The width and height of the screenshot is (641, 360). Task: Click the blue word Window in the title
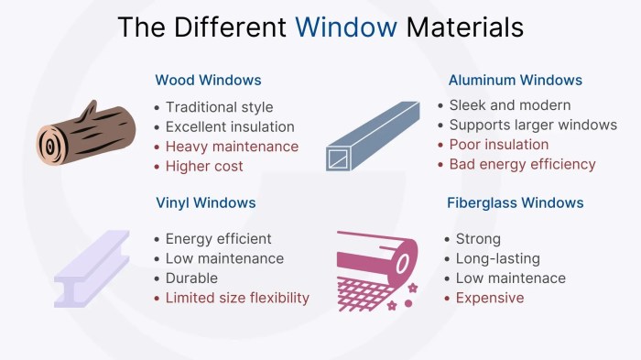[x=346, y=27]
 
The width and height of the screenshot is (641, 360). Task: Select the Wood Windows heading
[x=208, y=81]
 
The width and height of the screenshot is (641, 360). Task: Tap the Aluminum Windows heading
[x=516, y=81]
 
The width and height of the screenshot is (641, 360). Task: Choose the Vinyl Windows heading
[x=205, y=202]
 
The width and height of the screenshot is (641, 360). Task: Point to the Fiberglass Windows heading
[x=516, y=202]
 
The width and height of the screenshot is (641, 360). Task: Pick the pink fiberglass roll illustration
[x=376, y=266]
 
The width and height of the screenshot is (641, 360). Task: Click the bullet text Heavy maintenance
[x=232, y=147]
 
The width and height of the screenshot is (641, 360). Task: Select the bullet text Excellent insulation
[x=230, y=126]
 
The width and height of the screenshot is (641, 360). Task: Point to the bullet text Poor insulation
[x=499, y=145]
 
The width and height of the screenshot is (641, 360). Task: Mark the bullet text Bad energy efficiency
[x=522, y=165]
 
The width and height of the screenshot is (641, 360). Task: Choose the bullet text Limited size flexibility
[x=237, y=298]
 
